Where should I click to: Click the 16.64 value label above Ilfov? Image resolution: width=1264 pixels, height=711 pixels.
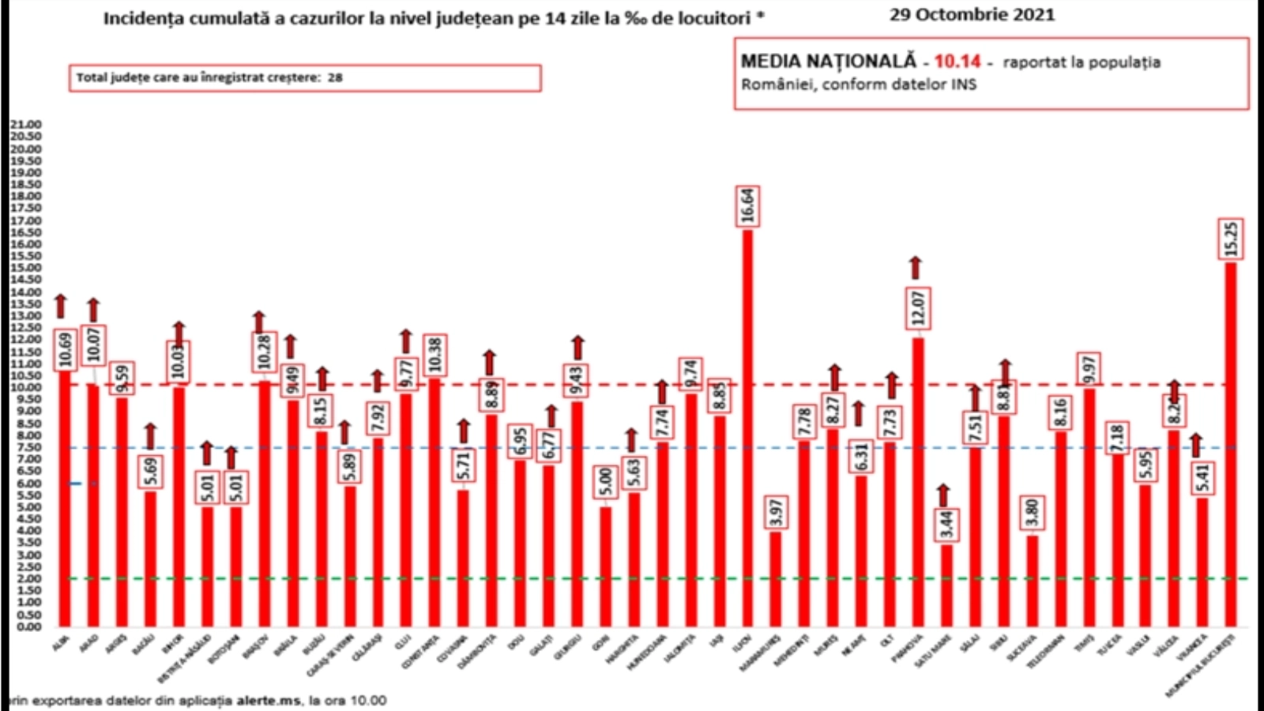[747, 205]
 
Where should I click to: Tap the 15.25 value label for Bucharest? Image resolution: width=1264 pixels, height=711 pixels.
[1230, 239]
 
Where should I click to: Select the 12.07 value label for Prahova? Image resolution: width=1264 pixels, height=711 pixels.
[918, 308]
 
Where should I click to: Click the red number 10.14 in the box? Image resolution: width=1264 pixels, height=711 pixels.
[957, 62]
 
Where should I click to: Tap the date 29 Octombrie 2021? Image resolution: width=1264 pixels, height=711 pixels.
[972, 14]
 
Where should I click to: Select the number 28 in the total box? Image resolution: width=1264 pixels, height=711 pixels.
[335, 77]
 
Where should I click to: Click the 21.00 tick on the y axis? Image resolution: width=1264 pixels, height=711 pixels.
[26, 125]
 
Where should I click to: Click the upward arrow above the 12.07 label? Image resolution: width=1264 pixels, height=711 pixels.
[916, 268]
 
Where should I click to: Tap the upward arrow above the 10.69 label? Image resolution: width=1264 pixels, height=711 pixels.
[61, 306]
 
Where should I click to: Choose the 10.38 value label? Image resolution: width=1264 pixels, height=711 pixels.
[434, 355]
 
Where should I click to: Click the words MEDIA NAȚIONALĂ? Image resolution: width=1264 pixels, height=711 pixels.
[828, 62]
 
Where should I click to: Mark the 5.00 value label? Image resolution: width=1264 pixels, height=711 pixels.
[605, 481]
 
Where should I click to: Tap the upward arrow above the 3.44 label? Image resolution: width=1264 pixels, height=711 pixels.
[943, 495]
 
